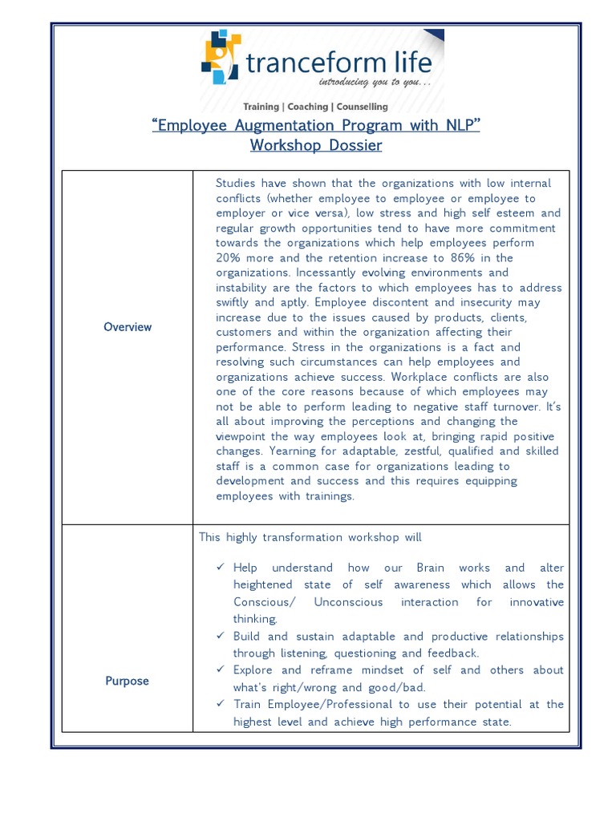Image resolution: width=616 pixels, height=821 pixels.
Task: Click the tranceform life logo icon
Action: [221, 56]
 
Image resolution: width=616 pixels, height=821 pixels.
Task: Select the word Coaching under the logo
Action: [308, 107]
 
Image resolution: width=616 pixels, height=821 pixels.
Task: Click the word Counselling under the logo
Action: [362, 107]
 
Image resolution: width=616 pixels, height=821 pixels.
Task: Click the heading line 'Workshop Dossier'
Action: [305, 145]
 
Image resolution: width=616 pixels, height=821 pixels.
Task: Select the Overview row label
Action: [128, 327]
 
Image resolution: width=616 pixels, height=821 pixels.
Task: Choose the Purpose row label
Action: [127, 681]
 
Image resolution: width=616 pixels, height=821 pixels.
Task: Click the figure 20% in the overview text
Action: [232, 258]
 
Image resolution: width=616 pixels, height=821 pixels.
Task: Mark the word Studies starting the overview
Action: [239, 184]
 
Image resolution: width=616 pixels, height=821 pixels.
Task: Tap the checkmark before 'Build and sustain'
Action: [221, 636]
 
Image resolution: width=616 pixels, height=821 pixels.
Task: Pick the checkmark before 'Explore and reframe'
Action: [221, 669]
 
